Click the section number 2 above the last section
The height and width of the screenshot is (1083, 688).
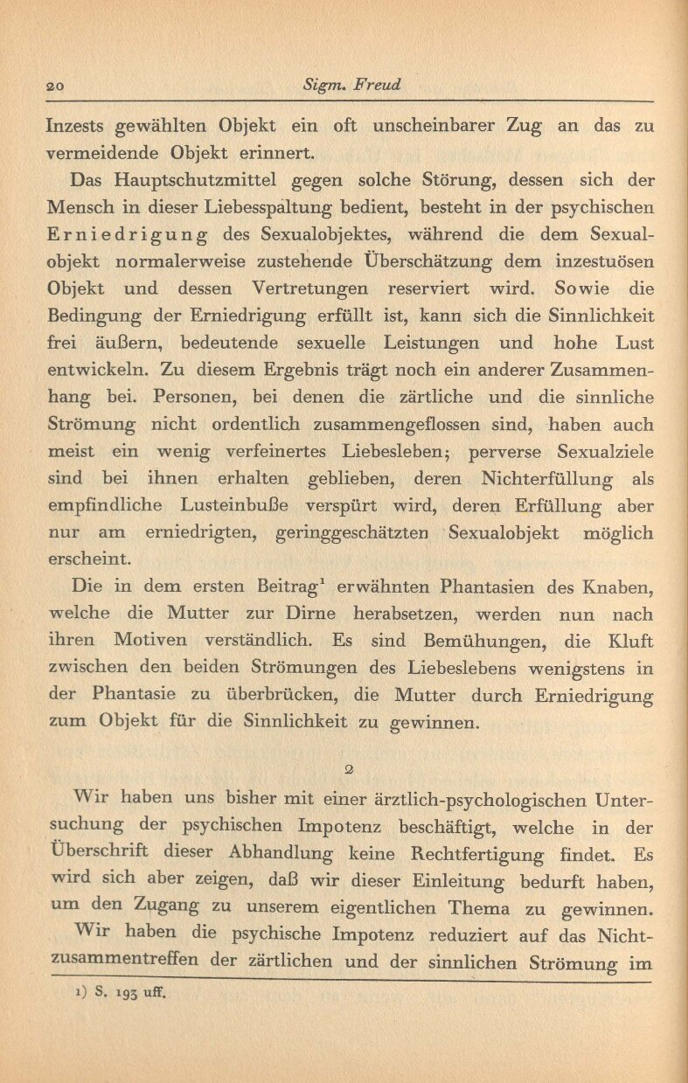coord(349,769)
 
